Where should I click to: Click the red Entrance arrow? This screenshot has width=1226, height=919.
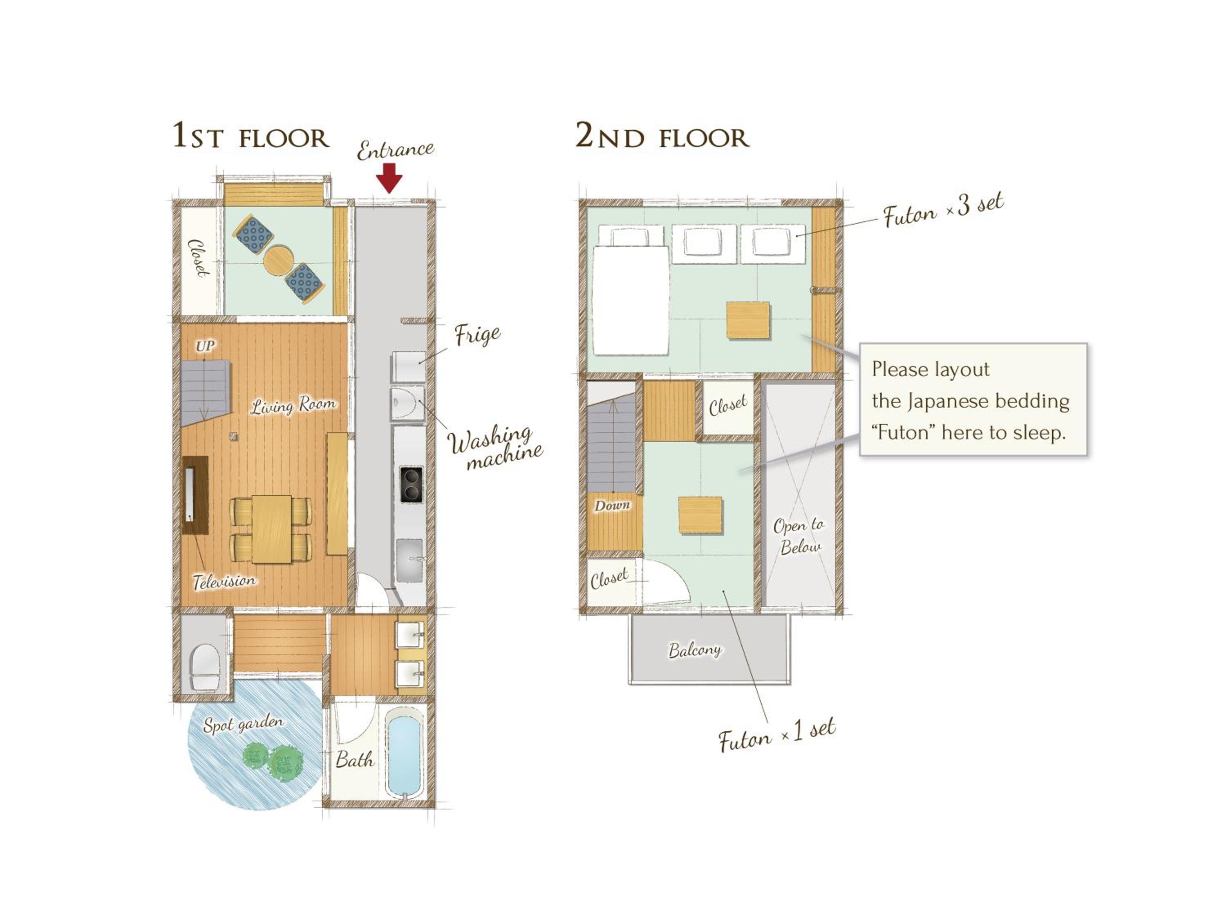(389, 178)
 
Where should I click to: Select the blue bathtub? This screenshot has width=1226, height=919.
(405, 756)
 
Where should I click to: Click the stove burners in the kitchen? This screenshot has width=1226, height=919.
(411, 485)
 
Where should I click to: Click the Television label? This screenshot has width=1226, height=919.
(224, 581)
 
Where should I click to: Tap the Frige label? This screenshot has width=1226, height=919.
(477, 335)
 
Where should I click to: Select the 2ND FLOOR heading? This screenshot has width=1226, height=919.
(662, 136)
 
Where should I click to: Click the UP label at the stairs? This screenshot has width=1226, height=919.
(204, 347)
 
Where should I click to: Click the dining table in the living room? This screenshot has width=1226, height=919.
(272, 529)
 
